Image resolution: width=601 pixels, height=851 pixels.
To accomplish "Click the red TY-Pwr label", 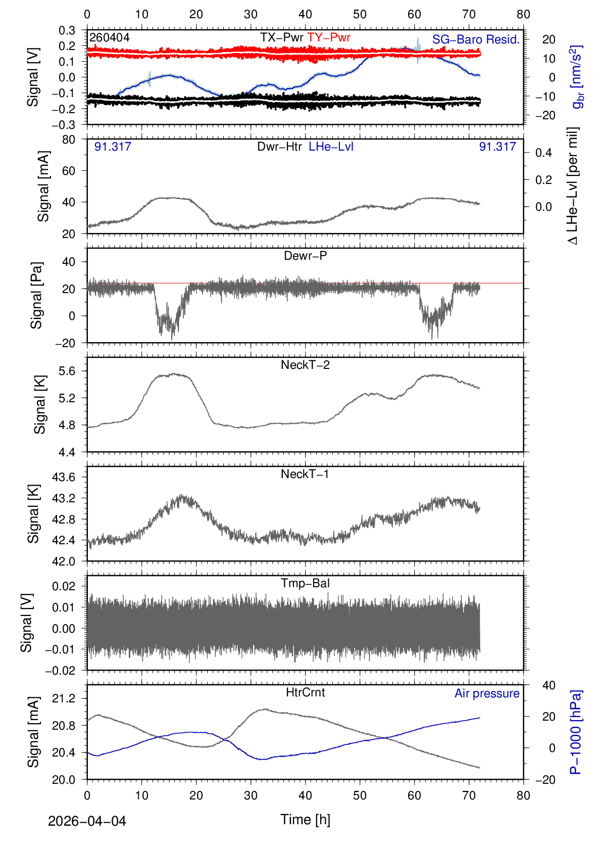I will coord(328,37).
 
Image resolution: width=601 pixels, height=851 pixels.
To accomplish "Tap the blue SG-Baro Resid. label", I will coord(475,39).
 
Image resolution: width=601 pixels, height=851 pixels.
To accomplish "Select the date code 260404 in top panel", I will coord(110,37).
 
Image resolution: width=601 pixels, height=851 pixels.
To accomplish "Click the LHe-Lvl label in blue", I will coord(331,147).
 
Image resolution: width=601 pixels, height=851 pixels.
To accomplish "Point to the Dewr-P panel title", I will coord(305,256).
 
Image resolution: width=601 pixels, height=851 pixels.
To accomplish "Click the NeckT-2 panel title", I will coord(305,365).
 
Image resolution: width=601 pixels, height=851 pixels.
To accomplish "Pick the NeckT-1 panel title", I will coord(305,474).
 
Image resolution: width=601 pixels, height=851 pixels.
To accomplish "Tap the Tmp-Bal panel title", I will coord(305,583).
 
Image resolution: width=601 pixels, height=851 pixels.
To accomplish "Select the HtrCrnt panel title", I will coord(305,692).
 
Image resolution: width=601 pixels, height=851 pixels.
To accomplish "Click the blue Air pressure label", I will coord(487,693).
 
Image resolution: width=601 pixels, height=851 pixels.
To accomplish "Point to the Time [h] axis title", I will coord(305,819).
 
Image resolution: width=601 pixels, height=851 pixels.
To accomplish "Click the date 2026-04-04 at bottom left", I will coord(87,821).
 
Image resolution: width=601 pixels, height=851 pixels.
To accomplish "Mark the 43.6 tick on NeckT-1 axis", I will coord(64,477).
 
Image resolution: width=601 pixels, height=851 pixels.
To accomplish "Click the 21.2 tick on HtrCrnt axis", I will coord(64,698).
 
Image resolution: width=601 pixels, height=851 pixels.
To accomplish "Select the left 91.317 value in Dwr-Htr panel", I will coord(113,147).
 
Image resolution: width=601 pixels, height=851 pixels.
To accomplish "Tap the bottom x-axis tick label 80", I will coord(523,795).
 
